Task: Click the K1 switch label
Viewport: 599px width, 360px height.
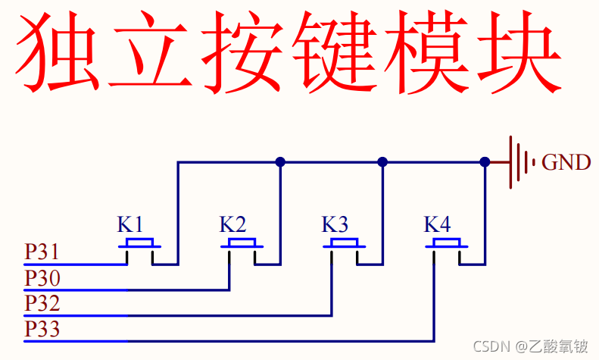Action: (129, 224)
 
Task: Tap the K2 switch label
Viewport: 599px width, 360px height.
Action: (232, 224)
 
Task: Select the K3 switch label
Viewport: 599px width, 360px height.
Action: (335, 224)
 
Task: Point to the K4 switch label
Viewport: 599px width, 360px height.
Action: (437, 224)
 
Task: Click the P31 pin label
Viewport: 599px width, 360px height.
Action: (42, 252)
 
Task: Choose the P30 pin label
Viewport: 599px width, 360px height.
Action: (42, 278)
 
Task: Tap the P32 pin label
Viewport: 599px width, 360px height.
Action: (42, 304)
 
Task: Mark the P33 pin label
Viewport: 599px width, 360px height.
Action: (42, 330)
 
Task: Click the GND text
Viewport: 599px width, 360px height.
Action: (566, 162)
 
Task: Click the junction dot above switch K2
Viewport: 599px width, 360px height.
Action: (280, 161)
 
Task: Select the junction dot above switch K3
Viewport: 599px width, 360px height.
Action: (382, 161)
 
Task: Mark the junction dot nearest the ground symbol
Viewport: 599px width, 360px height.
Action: (485, 161)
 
